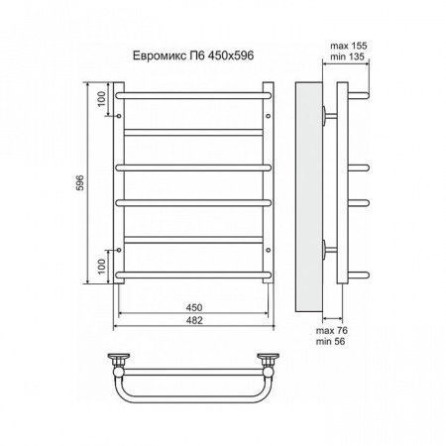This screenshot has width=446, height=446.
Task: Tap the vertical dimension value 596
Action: coord(91,184)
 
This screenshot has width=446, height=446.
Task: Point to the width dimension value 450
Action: coord(192,308)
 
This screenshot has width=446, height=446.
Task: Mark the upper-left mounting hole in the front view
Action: coord(121,115)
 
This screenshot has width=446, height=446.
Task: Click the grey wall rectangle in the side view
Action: coord(307,188)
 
